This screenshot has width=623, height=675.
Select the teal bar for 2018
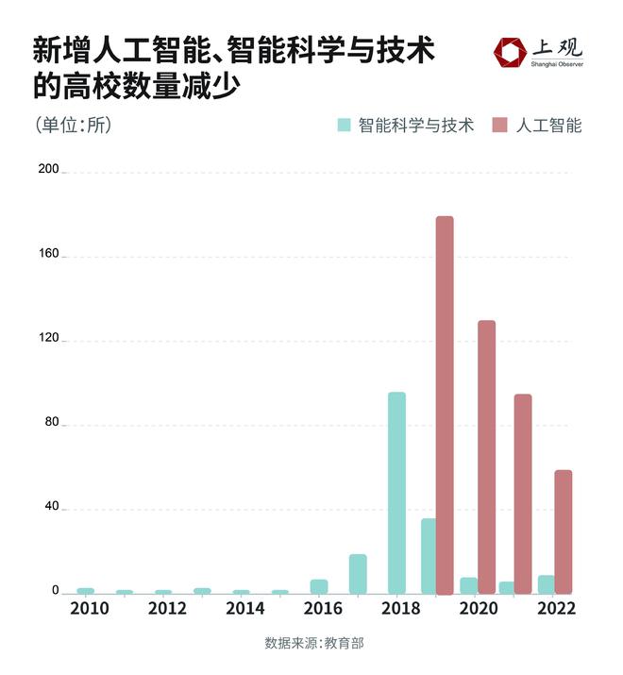[396, 492]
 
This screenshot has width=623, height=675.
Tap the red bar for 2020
[486, 457]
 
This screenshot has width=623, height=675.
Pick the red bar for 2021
[523, 494]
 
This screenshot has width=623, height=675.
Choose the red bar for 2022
[564, 532]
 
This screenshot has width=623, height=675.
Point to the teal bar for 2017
[358, 574]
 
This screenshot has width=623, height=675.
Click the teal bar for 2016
[319, 586]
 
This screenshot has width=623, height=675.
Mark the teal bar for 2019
[428, 556]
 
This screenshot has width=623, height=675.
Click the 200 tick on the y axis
[48, 171]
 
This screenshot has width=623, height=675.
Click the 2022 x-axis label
[557, 610]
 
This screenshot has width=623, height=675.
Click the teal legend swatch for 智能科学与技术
[345, 125]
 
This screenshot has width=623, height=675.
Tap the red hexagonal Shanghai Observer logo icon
[511, 53]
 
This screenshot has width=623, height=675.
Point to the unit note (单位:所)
[74, 125]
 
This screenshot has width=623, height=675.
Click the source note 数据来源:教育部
[312, 644]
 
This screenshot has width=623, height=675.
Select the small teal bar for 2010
[86, 590]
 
